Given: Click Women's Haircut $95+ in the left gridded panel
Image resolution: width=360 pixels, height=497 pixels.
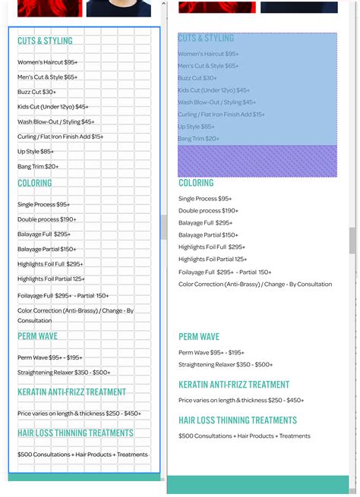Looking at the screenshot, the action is [47, 62].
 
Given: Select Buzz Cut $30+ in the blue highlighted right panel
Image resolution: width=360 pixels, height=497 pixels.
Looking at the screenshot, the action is [197, 78].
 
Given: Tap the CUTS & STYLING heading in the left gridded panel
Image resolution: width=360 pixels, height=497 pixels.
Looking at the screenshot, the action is [45, 41].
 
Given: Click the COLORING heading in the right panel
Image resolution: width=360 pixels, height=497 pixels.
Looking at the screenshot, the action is [196, 183].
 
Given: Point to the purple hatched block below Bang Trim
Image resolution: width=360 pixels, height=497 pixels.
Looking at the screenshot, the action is [257, 161].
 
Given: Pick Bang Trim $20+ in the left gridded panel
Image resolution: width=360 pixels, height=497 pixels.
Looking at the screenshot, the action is [38, 166].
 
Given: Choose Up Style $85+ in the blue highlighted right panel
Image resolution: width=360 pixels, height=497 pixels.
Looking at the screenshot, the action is [196, 127].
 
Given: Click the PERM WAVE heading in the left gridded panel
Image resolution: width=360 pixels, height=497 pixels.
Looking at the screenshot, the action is [37, 336].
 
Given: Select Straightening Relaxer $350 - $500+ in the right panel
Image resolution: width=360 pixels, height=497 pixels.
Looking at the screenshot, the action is [226, 365].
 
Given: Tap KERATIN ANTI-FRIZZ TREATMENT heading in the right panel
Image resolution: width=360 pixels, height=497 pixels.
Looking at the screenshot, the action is [234, 385].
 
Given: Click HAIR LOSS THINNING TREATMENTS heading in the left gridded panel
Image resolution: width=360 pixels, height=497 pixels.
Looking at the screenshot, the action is [75, 433].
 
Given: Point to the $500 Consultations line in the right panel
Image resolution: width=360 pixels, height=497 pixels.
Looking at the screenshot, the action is [245, 436].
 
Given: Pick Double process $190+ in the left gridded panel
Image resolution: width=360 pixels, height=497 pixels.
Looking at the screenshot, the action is [47, 219].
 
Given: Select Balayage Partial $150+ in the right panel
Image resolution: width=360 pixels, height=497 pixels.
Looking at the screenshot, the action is [208, 235].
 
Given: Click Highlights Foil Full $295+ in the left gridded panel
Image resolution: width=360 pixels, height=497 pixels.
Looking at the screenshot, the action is [50, 264].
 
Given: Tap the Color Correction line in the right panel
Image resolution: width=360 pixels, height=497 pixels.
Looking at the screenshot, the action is [255, 285].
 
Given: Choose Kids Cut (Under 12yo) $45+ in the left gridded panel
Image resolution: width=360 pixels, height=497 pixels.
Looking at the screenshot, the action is [53, 107].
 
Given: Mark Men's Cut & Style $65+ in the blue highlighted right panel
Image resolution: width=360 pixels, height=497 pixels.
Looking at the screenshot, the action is [208, 66].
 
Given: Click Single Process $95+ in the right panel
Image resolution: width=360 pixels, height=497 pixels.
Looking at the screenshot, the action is [205, 199].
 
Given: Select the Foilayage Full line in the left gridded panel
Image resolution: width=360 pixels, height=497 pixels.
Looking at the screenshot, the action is [63, 296].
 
